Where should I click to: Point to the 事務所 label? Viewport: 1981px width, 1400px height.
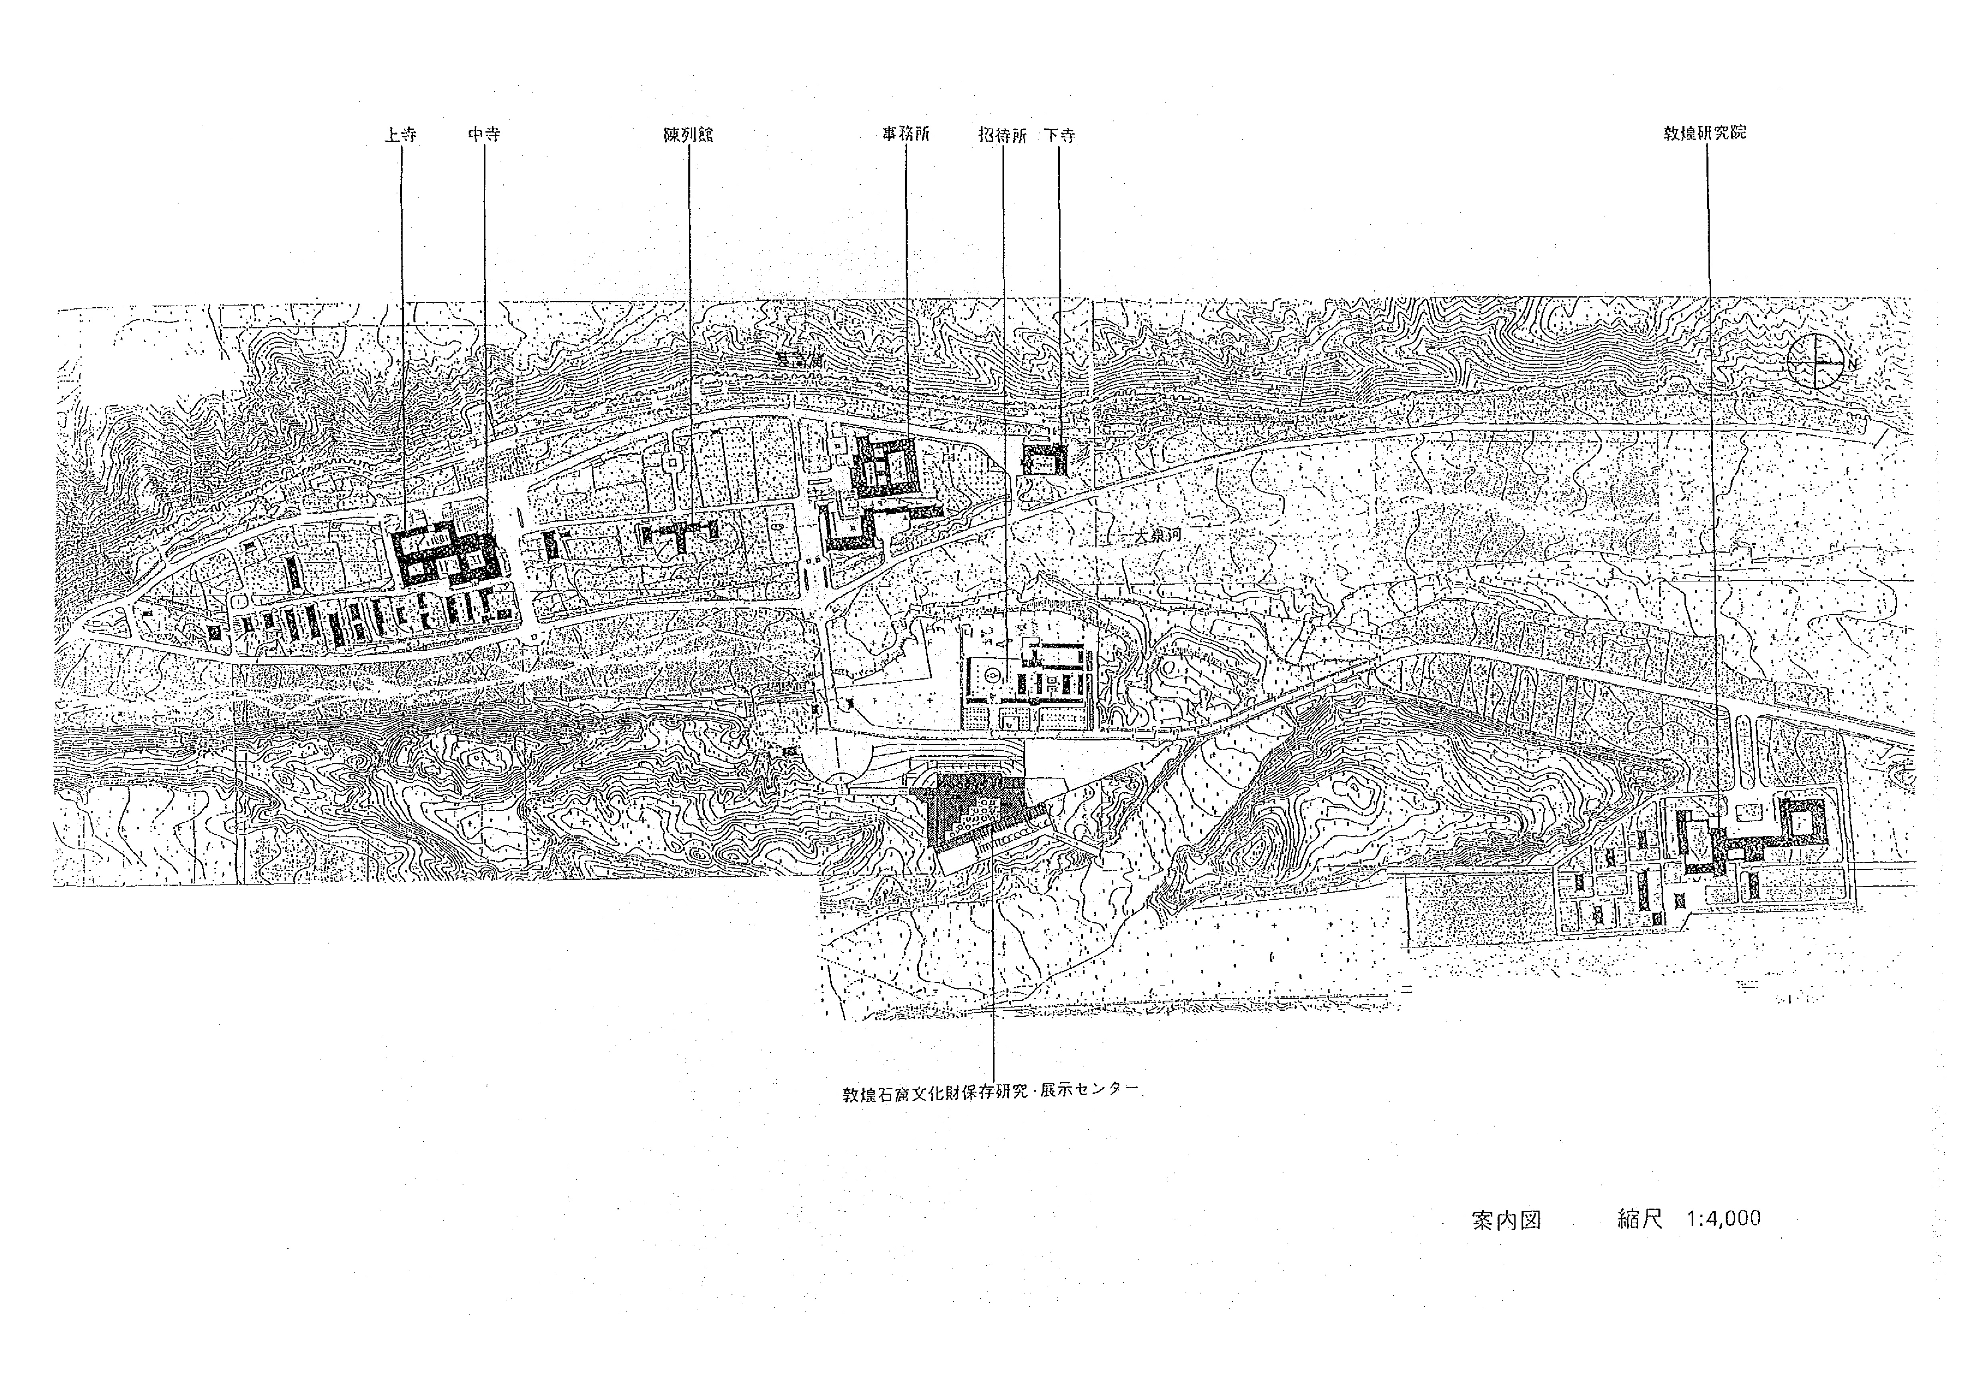click(x=905, y=135)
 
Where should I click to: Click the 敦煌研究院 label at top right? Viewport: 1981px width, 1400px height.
click(x=1705, y=133)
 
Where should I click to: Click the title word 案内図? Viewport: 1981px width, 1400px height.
click(x=1506, y=1220)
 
